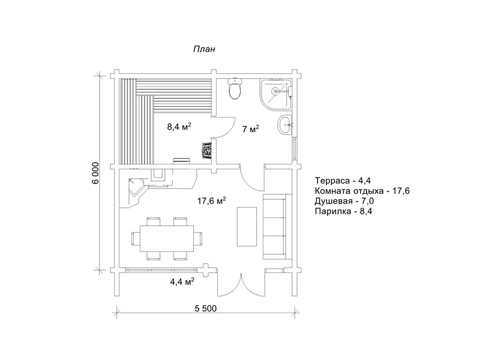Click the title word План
[204, 49]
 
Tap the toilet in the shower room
[235, 88]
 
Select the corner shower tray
[275, 94]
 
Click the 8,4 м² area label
[179, 126]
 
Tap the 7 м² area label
[250, 129]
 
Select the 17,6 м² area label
[212, 201]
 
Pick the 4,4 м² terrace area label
[182, 281]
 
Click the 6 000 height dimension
[95, 173]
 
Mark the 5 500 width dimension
[205, 308]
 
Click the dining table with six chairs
[167, 238]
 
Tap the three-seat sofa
[274, 227]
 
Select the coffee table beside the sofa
[247, 227]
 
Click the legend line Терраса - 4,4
[343, 181]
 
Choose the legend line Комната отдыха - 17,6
[362, 191]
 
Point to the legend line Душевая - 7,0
[344, 201]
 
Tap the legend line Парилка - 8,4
[343, 211]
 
